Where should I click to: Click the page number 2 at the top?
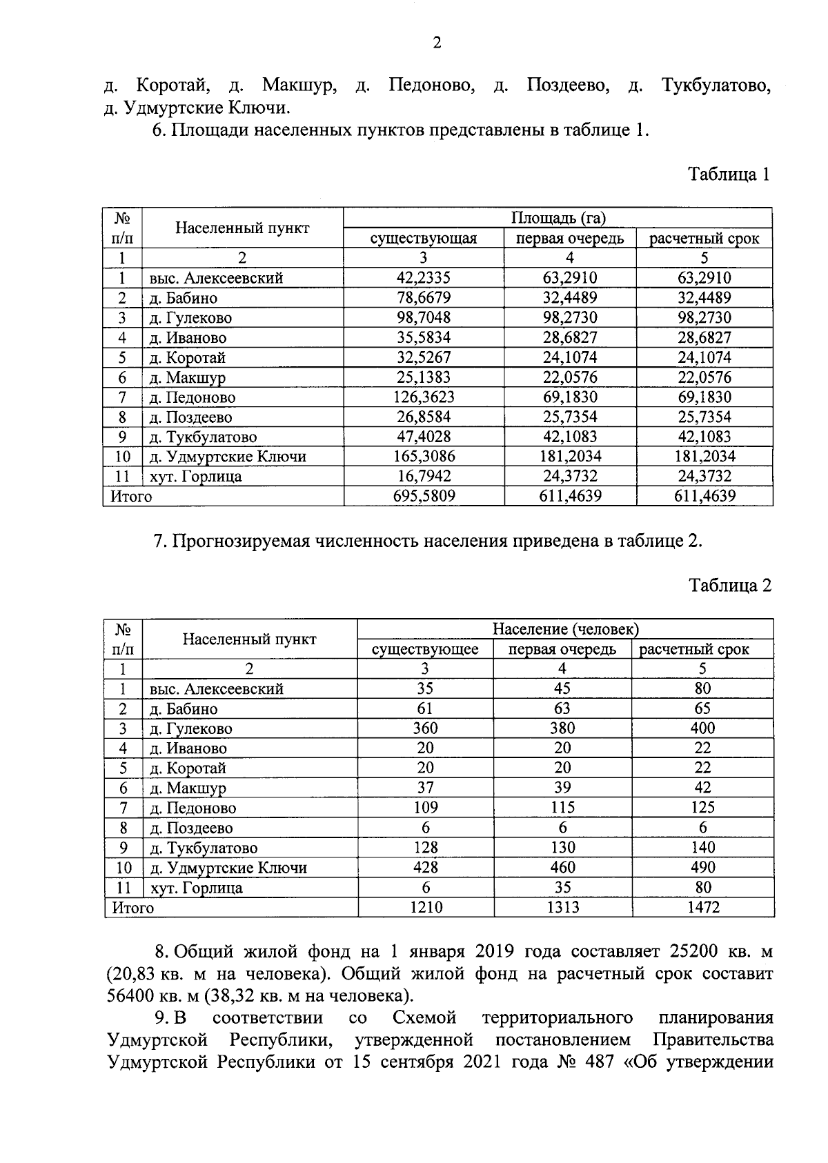pyautogui.click(x=436, y=43)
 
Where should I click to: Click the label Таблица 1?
pyautogui.click(x=729, y=174)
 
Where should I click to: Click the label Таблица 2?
pyautogui.click(x=730, y=586)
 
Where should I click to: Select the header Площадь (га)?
pyautogui.click(x=558, y=219)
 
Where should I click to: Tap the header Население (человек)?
pyautogui.click(x=565, y=629)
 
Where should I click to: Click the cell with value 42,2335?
pyautogui.click(x=423, y=278)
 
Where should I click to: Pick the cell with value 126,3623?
pyautogui.click(x=423, y=397)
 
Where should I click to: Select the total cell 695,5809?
pyautogui.click(x=423, y=496)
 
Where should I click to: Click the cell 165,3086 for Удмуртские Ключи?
pyautogui.click(x=423, y=457)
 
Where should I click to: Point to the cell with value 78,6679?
pyautogui.click(x=423, y=298)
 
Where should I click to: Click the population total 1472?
pyautogui.click(x=703, y=907)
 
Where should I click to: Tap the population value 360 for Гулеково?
pyautogui.click(x=425, y=728)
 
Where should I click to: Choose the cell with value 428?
pyautogui.click(x=425, y=867)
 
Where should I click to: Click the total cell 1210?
pyautogui.click(x=426, y=907)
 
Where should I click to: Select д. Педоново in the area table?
pyautogui.click(x=193, y=398)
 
